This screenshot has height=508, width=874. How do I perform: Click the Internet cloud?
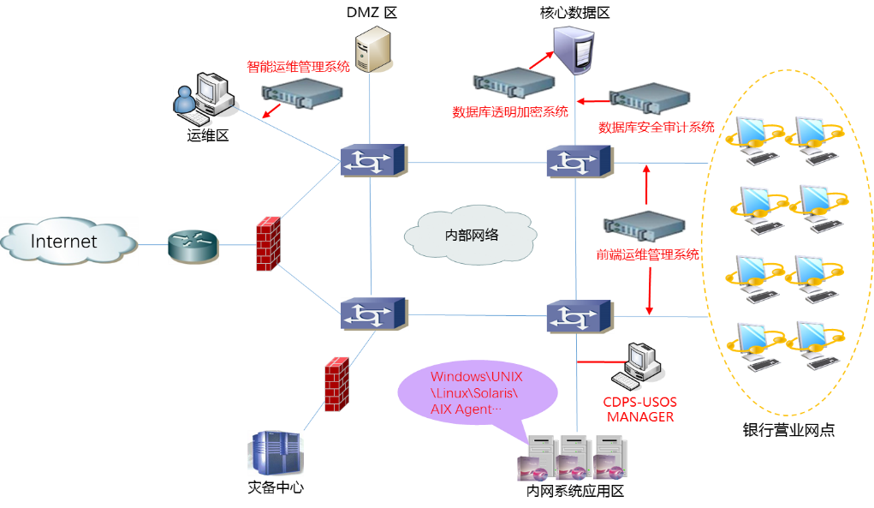coord(68,241)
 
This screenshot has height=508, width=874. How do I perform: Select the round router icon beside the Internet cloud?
coord(193,247)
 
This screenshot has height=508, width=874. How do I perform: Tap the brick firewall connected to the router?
coord(268,245)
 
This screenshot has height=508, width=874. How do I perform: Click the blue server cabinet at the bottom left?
coord(276,452)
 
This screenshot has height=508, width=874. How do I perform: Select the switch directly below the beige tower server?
coord(374,160)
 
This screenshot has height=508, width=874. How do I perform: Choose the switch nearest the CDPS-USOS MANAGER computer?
coord(580,316)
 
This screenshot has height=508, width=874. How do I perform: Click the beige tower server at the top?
coord(373,49)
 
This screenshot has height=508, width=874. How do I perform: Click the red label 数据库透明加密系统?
coord(509,112)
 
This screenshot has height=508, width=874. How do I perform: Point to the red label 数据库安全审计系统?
coord(656,128)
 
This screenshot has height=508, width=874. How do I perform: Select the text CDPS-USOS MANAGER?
coord(640,409)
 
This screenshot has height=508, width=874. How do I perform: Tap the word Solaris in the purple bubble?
coord(496,392)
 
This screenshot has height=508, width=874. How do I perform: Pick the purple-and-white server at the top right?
coord(574,49)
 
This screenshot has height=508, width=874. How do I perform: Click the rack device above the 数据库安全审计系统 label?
coord(650,99)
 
